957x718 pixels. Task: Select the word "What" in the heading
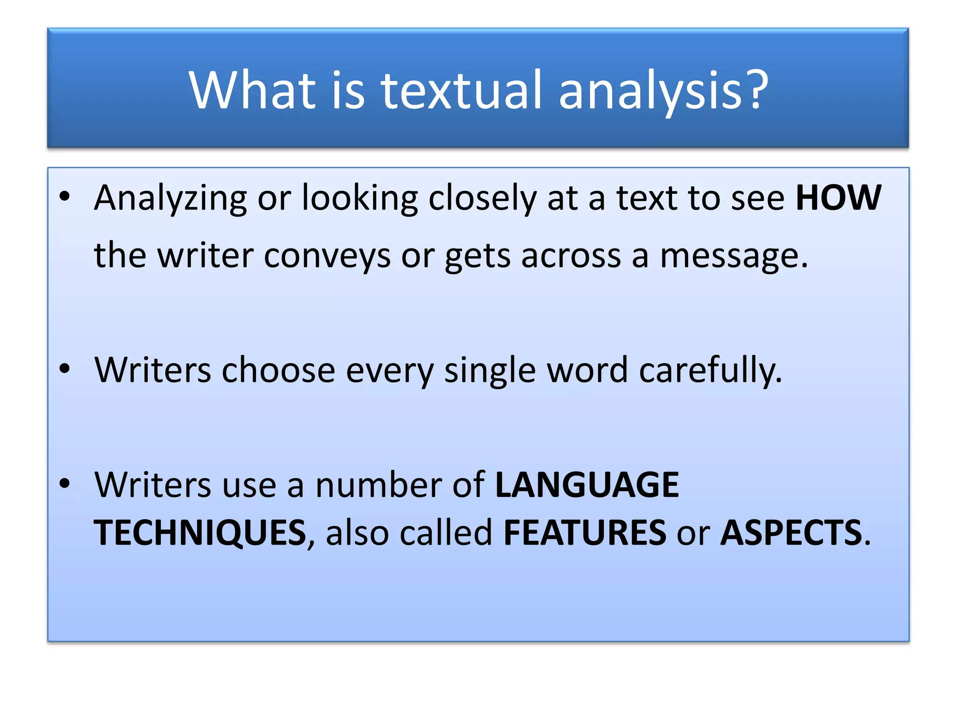click(252, 90)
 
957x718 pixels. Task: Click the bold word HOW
click(838, 198)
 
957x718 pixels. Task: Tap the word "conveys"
click(327, 256)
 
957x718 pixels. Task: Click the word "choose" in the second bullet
click(278, 370)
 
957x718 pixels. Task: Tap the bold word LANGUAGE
click(586, 485)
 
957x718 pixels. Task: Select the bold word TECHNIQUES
click(200, 533)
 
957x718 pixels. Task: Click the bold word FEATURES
click(585, 533)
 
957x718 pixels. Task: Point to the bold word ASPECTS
click(791, 533)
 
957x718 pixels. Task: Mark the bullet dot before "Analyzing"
click(65, 197)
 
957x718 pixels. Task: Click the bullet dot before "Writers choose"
click(65, 369)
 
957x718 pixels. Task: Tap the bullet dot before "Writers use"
click(65, 483)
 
